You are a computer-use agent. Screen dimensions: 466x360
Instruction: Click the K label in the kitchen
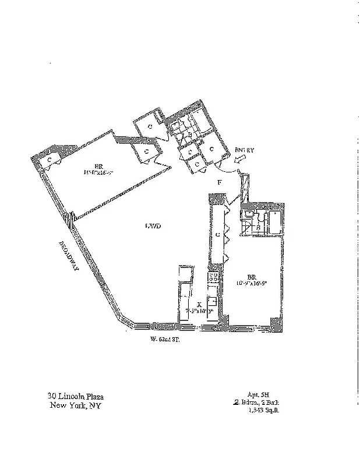coord(199,304)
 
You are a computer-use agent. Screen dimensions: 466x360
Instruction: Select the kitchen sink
coord(213,302)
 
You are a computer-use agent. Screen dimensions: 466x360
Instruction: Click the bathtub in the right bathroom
coord(272,223)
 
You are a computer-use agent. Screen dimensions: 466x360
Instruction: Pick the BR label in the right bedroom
coord(252,277)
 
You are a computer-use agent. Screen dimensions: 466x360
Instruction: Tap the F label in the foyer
coord(219,183)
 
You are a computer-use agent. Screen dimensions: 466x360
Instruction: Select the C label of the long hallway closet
coord(217,235)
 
